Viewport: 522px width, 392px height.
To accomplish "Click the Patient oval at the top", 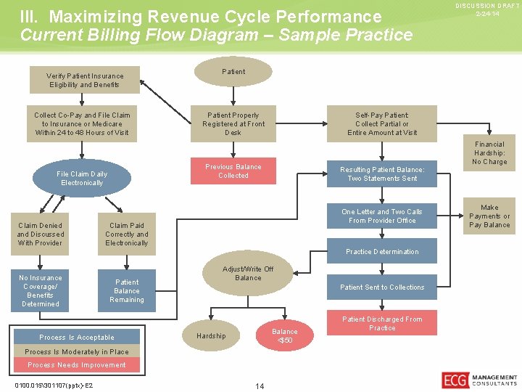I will point(233,72).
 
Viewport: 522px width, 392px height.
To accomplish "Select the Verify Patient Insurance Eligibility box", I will point(85,80).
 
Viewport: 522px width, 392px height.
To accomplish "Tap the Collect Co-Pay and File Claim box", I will point(82,123).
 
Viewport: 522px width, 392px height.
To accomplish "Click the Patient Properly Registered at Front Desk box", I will point(233,123).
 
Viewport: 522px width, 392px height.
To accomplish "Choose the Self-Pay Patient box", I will point(382,123).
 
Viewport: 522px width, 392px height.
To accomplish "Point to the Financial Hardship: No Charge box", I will point(489,153).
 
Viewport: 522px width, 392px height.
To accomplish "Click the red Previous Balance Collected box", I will point(233,171).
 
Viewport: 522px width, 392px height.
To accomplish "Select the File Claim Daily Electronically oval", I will point(82,179).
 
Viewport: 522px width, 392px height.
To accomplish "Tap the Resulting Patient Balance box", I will point(382,174).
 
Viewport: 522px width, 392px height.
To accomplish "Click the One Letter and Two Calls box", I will point(382,216).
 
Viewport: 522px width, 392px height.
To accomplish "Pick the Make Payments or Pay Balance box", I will point(489,216).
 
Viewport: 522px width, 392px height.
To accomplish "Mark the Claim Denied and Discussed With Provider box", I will point(40,234).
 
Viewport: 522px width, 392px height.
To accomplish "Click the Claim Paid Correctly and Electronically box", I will point(127,234).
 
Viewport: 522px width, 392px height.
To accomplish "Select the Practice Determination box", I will point(382,252).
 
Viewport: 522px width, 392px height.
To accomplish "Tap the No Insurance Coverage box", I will point(40,290).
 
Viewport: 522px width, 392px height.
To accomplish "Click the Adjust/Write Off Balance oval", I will point(248,274).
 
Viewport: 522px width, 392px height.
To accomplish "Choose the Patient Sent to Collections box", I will point(382,287).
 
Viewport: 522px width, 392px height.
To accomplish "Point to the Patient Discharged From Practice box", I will point(382,324).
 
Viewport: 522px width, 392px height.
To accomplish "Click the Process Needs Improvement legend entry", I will point(77,365).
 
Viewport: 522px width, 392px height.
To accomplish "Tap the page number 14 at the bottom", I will point(260,386).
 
